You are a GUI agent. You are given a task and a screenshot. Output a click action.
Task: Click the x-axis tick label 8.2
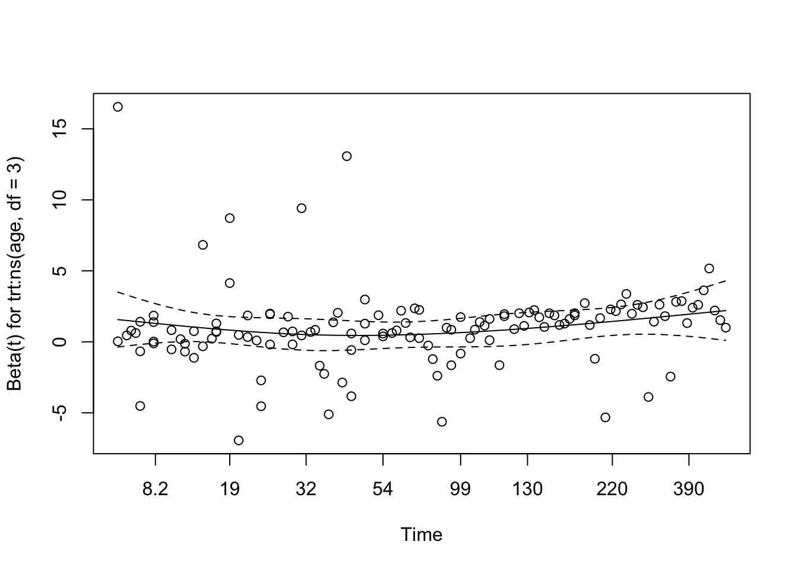tap(155, 489)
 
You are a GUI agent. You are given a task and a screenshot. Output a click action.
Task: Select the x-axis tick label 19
tap(230, 489)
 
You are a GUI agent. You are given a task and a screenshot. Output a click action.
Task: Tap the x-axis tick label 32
tap(306, 489)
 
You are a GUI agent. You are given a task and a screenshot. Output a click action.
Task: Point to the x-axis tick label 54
tap(383, 489)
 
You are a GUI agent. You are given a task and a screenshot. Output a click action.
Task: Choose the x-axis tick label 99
tap(460, 489)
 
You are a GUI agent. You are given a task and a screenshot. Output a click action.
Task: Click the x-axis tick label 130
tap(528, 489)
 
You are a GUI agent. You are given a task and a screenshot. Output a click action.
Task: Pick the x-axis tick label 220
tap(612, 489)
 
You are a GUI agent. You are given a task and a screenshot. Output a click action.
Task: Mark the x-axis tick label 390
tap(689, 489)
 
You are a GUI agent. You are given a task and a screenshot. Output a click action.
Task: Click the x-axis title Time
tap(422, 535)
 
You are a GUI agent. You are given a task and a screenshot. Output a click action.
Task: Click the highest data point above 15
tap(118, 107)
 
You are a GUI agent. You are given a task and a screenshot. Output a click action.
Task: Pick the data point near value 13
tap(347, 156)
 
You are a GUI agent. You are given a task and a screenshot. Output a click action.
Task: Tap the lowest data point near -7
tap(239, 440)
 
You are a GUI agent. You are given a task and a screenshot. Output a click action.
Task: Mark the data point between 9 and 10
tap(302, 208)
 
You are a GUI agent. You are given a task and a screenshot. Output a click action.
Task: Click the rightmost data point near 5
tap(709, 268)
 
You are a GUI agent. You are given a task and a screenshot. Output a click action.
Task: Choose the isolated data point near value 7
tap(202, 245)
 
